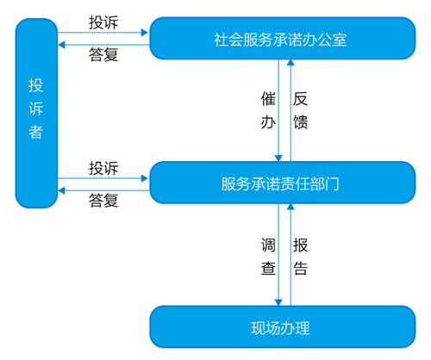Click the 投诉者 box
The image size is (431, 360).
[36, 112]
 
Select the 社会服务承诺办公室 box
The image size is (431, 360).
[280, 39]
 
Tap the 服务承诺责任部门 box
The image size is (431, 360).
[280, 183]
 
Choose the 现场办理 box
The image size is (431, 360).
[280, 327]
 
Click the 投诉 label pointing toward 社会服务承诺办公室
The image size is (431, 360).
[103, 21]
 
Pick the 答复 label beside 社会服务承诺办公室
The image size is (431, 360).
[103, 54]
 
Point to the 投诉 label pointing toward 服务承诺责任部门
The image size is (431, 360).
[103, 166]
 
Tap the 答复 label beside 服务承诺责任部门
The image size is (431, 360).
[103, 201]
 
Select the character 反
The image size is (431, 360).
[300, 99]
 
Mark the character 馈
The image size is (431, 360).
[300, 122]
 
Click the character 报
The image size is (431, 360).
[300, 245]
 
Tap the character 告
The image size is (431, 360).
[300, 268]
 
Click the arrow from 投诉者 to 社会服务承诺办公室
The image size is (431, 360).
[103, 33]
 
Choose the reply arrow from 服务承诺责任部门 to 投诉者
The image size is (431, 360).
[103, 188]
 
